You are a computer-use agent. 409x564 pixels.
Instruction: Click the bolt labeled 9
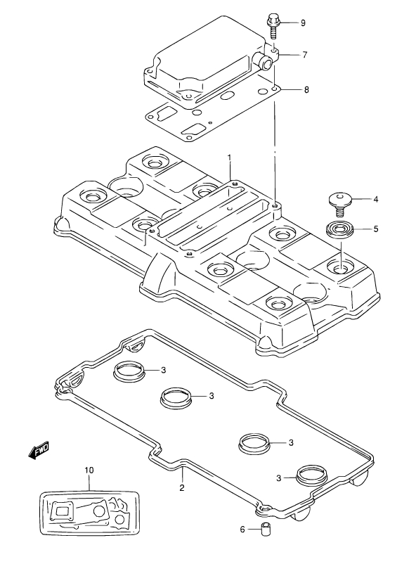(273, 26)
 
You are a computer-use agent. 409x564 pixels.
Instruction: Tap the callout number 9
(303, 23)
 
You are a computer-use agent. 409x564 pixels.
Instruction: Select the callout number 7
(305, 55)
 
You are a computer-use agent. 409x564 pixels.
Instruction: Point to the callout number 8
(306, 89)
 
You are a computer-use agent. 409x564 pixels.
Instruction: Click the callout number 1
(229, 158)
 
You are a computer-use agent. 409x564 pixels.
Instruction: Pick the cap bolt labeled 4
(339, 204)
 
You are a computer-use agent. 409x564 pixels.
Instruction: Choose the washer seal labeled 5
(340, 230)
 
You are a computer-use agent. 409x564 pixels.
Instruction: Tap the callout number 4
(375, 199)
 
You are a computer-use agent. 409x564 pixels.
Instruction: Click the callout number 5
(376, 229)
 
